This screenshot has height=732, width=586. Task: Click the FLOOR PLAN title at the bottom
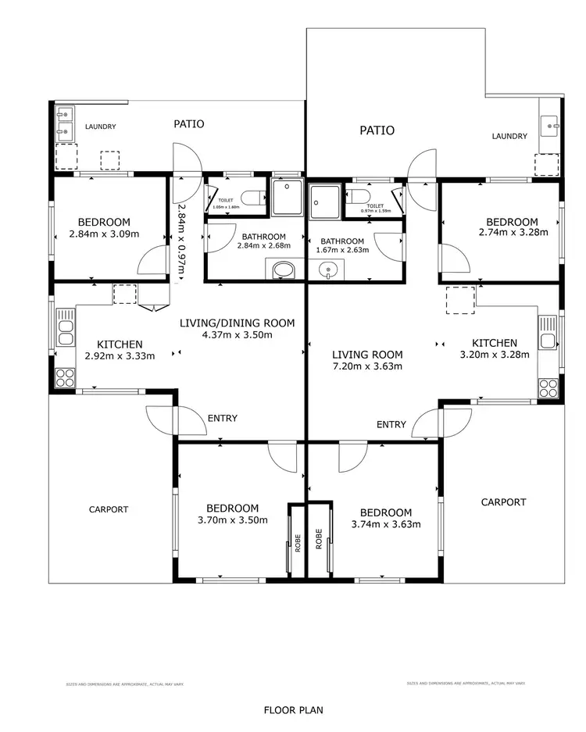[293, 710]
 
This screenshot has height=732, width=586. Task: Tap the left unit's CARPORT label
[108, 509]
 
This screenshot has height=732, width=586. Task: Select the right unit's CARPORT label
[503, 502]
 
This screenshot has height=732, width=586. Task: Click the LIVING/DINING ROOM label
[237, 323]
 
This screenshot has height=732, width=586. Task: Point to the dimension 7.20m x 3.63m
[366, 366]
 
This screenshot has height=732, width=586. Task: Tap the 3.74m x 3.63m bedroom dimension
[386, 524]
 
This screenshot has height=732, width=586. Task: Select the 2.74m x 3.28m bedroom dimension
[513, 232]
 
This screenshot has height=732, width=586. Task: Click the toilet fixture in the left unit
[252, 198]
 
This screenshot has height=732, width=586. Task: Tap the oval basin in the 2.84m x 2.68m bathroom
[283, 270]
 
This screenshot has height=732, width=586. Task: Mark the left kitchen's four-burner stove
[65, 378]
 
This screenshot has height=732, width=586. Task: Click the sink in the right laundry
[550, 123]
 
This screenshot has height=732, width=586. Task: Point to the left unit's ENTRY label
[223, 418]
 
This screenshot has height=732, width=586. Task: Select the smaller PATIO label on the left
[189, 123]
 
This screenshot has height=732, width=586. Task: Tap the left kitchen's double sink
[66, 331]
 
